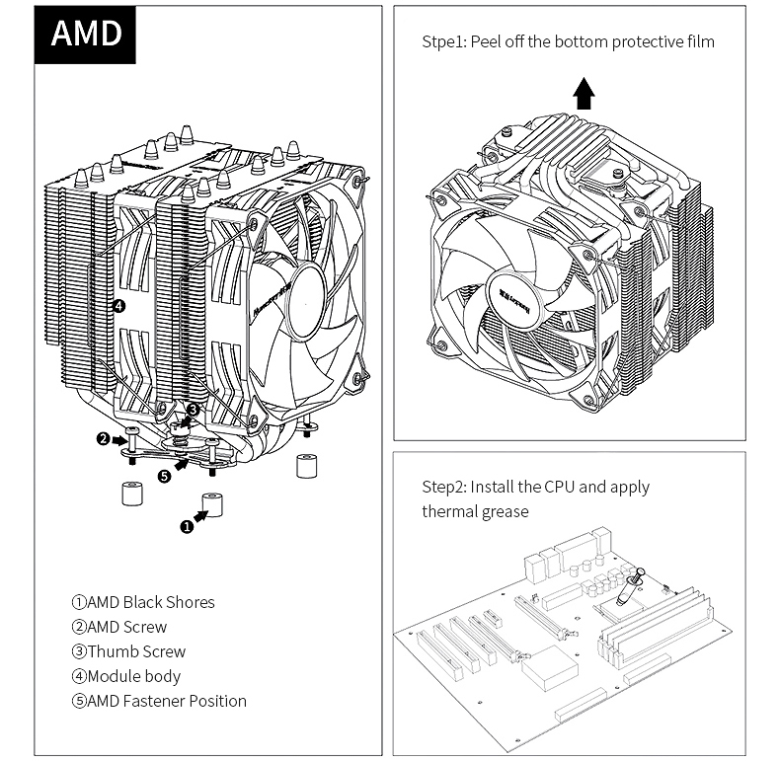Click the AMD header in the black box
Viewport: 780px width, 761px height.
pos(86,34)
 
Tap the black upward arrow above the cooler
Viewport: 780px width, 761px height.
pos(585,95)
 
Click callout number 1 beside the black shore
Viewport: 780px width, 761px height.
pos(187,526)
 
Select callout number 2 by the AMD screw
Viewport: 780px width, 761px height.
pos(103,438)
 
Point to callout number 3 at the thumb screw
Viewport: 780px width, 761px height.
pos(194,409)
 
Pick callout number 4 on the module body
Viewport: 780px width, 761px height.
pos(118,306)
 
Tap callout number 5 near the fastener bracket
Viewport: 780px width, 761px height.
pos(164,476)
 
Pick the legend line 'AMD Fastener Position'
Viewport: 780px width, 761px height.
pos(158,701)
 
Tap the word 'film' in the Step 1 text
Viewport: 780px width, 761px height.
pos(699,42)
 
